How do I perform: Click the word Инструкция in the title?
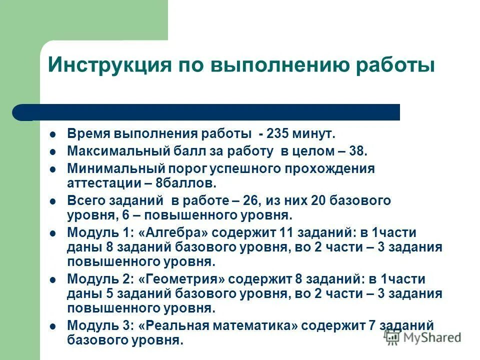tap(105, 65)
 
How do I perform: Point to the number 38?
tap(358, 151)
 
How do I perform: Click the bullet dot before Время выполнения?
tap(53, 134)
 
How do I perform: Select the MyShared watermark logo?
tap(422, 337)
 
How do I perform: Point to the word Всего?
tap(84, 201)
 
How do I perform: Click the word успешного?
tap(253, 168)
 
